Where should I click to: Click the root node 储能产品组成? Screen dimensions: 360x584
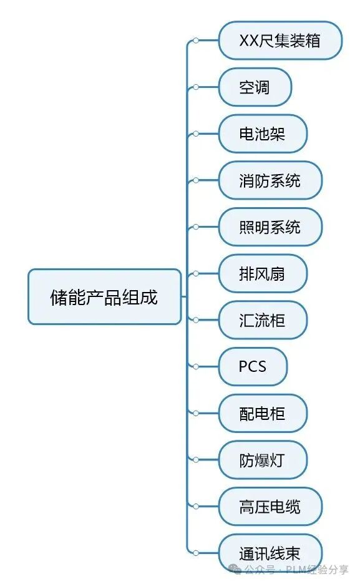[105, 296]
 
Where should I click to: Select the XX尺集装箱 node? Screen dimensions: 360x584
[280, 41]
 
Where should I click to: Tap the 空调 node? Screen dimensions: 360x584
[255, 87]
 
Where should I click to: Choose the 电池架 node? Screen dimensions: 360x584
[263, 134]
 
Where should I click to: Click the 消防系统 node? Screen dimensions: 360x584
[270, 180]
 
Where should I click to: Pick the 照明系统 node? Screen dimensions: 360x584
[270, 227]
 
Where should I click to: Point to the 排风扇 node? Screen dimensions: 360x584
[263, 273]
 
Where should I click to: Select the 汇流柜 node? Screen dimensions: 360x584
[263, 320]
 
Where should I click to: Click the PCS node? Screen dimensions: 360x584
[253, 366]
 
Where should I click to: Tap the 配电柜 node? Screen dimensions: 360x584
[263, 413]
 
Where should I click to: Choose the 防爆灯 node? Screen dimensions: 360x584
[263, 460]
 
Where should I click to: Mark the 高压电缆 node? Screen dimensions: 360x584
[270, 506]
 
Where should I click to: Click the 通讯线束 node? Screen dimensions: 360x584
[270, 553]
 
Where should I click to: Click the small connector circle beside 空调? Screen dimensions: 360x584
[196, 87]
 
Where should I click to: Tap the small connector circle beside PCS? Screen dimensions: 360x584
[196, 366]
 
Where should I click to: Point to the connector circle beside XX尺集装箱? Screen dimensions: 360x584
[196, 41]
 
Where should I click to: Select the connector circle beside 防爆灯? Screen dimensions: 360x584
[196, 460]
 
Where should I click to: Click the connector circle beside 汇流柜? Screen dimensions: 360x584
[196, 320]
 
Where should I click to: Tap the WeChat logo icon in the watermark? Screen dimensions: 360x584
[235, 569]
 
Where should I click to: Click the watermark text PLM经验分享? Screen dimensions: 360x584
[317, 570]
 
